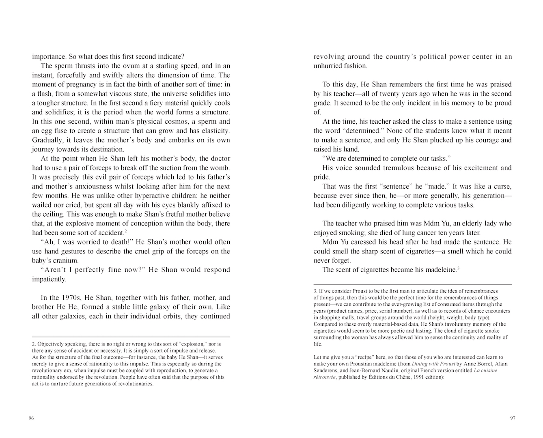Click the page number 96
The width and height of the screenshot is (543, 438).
pyautogui.click(x=31, y=419)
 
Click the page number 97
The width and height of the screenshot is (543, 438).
pyautogui.click(x=513, y=419)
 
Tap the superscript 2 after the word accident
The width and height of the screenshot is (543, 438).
pyautogui.click(x=126, y=231)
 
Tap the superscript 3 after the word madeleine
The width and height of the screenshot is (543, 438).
pyautogui.click(x=458, y=268)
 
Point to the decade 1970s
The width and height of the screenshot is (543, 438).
pyautogui.click(x=65, y=298)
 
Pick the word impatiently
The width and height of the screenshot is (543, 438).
pyautogui.click(x=49, y=279)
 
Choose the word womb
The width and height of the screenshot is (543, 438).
pyautogui.click(x=222, y=168)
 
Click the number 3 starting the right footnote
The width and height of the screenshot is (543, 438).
pyautogui.click(x=315, y=291)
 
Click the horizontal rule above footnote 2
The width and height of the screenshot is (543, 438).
pyautogui.click(x=131, y=337)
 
